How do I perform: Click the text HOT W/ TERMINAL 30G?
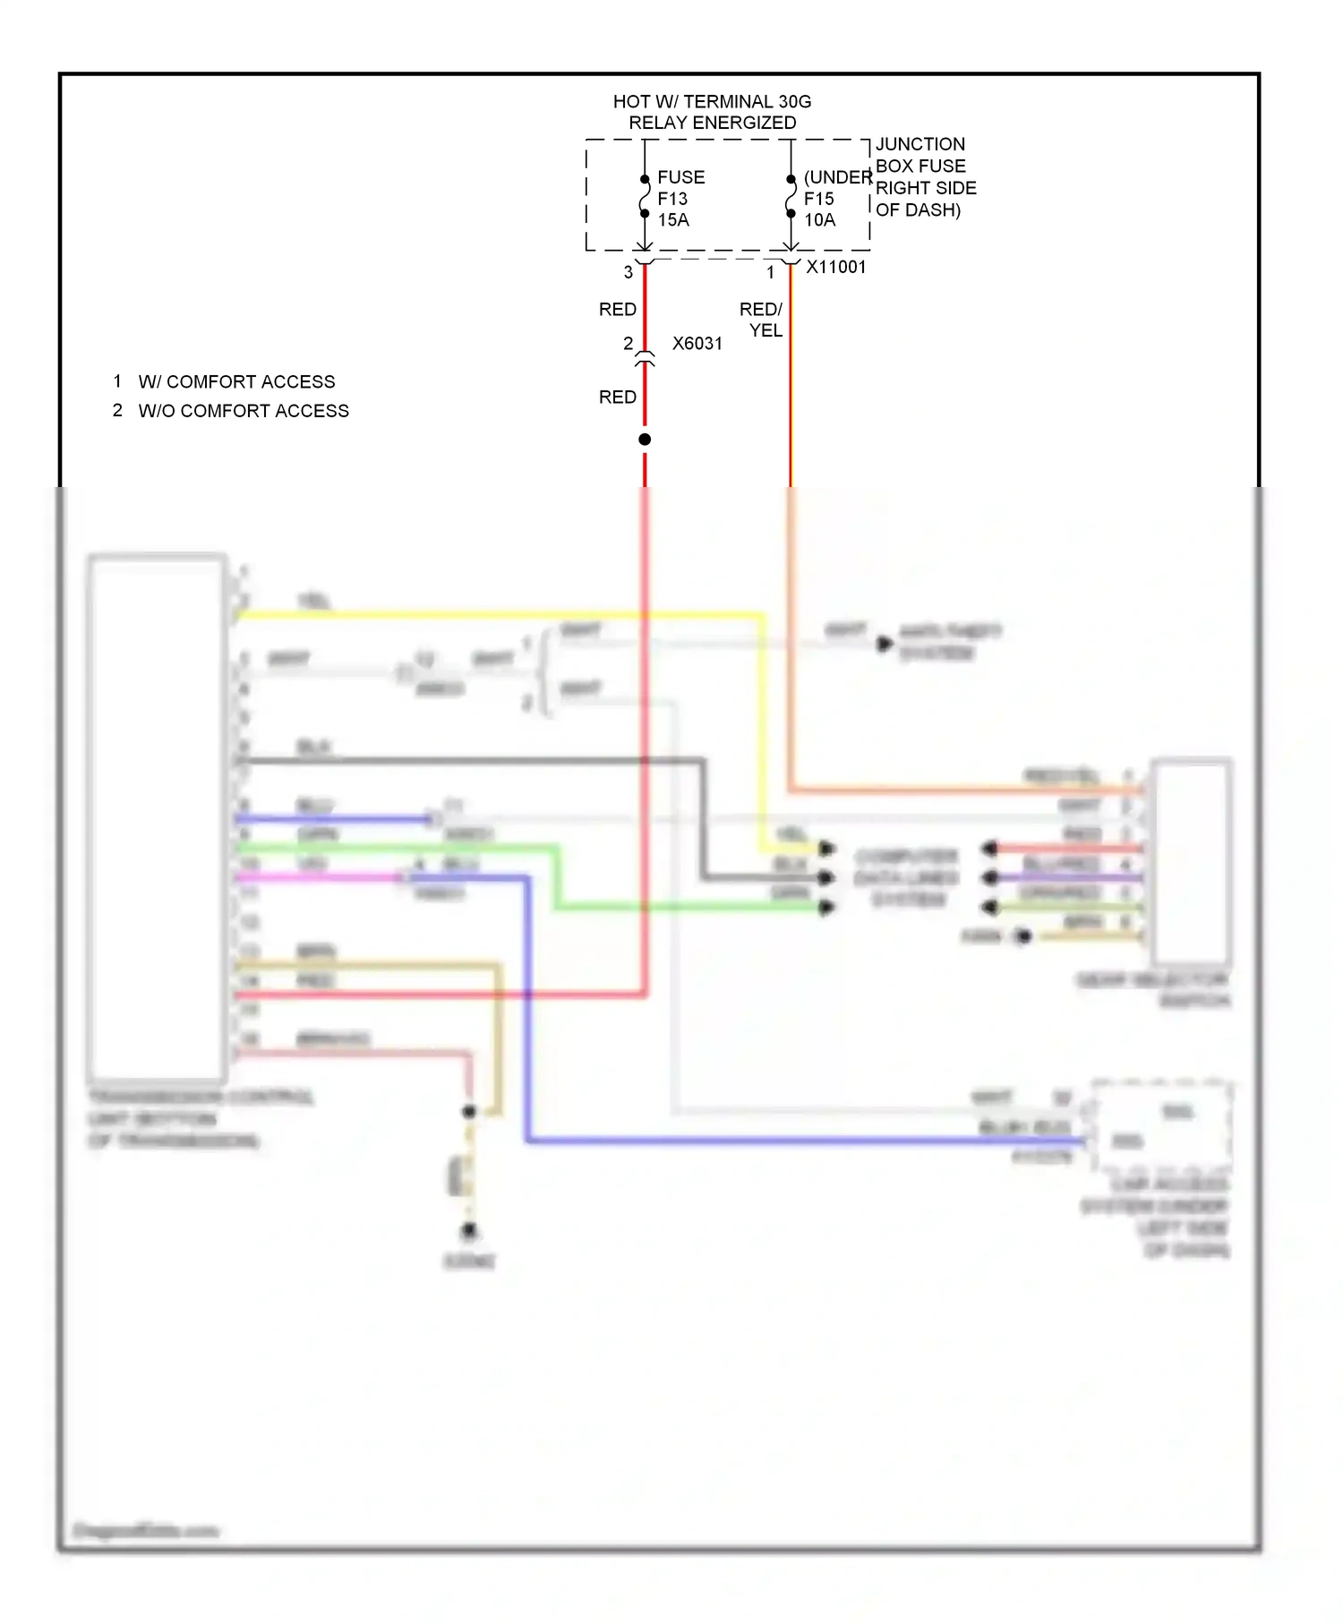coord(712,102)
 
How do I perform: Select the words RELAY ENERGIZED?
coord(712,123)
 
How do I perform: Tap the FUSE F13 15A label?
coord(680,199)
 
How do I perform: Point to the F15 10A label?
coord(819,209)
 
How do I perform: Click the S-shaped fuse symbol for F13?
coord(645,197)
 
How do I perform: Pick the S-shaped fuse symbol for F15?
coord(791,197)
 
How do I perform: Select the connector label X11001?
coord(836,267)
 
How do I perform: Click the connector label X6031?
coord(697,344)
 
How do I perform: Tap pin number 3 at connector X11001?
coord(629,272)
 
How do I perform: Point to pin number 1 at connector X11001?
coord(770,272)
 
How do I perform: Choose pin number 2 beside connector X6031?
coord(629,344)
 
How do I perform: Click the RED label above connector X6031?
coord(618,310)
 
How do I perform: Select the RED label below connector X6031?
coord(618,397)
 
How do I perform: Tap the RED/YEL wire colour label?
coord(762,320)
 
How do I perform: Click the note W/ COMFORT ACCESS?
coord(236,382)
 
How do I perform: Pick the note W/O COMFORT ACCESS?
coord(244,411)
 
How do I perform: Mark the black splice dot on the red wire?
coord(645,440)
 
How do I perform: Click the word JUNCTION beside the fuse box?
coord(920,144)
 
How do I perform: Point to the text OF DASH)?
coord(918,210)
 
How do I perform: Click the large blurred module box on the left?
coord(157,818)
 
